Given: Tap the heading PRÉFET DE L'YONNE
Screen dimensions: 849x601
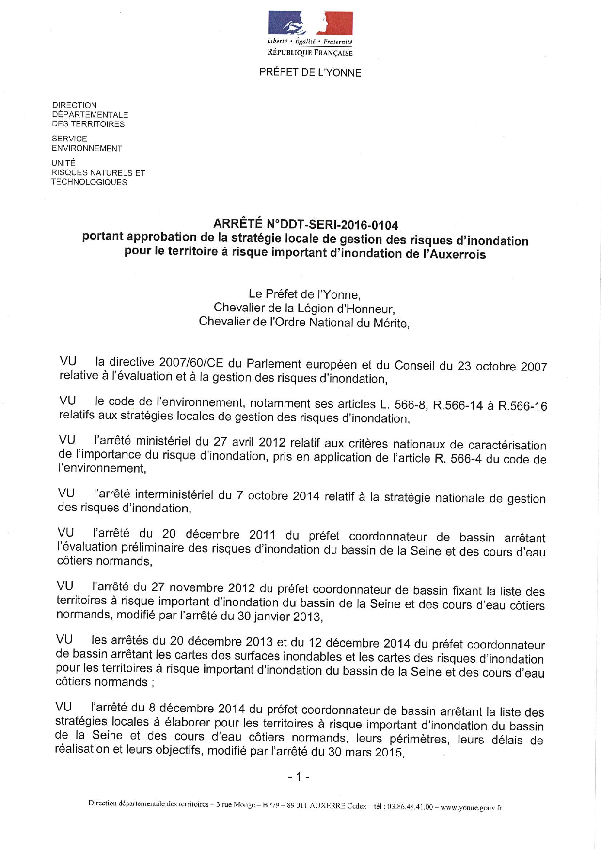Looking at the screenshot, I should pos(310,73).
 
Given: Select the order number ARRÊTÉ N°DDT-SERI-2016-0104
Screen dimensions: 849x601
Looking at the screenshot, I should pos(306,225).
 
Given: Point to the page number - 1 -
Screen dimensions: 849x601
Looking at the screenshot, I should pos(299,777).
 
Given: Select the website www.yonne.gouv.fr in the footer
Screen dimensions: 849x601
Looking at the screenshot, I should pos(471,807).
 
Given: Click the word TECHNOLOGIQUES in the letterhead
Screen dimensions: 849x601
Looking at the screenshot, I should pos(89,182).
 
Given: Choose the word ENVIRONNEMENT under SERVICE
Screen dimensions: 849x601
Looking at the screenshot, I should pos(87,148).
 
